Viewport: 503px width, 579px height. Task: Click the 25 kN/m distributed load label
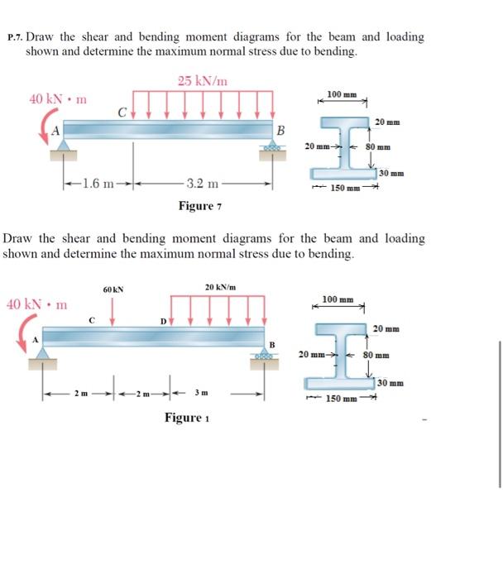pos(203,81)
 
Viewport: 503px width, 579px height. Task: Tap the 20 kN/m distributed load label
pos(220,286)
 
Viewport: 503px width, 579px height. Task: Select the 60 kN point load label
pos(113,289)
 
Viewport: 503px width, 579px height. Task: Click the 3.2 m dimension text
pos(202,184)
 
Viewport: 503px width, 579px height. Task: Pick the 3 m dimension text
pos(202,394)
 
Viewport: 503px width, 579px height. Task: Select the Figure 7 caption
pos(202,205)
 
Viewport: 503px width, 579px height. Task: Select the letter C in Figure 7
pos(122,112)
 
